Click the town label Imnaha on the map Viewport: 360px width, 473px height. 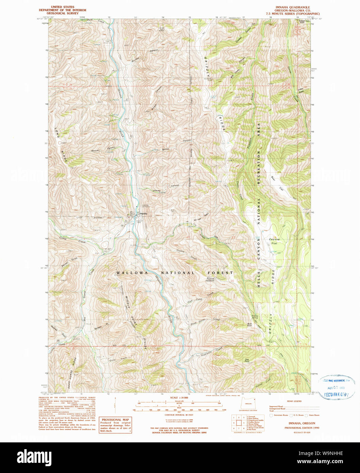click(143, 214)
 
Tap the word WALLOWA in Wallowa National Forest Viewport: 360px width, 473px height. click(132, 273)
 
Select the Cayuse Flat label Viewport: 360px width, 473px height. click(274, 241)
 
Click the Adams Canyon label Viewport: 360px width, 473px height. click(166, 188)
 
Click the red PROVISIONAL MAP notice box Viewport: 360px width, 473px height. click(115, 425)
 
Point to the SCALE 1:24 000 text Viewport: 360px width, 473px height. click(179, 397)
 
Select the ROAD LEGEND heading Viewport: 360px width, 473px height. click(294, 401)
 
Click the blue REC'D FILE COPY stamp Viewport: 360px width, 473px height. click(336, 395)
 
